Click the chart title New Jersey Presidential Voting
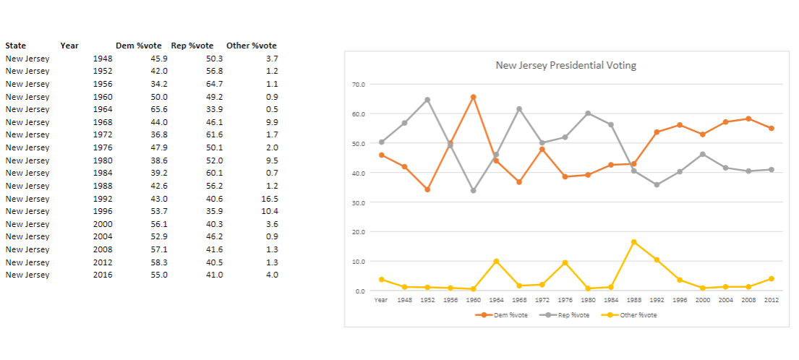(x=565, y=65)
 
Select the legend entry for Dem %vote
(x=510, y=315)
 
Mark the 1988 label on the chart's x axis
(x=633, y=299)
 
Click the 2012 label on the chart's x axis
(x=772, y=299)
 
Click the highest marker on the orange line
(x=473, y=97)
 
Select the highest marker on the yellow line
(x=633, y=241)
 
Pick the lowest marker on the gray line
(x=473, y=191)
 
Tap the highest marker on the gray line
(x=427, y=100)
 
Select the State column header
(x=15, y=46)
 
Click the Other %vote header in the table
(x=251, y=46)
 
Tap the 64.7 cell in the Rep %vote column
(x=214, y=84)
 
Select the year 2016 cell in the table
(x=103, y=275)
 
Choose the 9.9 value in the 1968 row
(x=272, y=122)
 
